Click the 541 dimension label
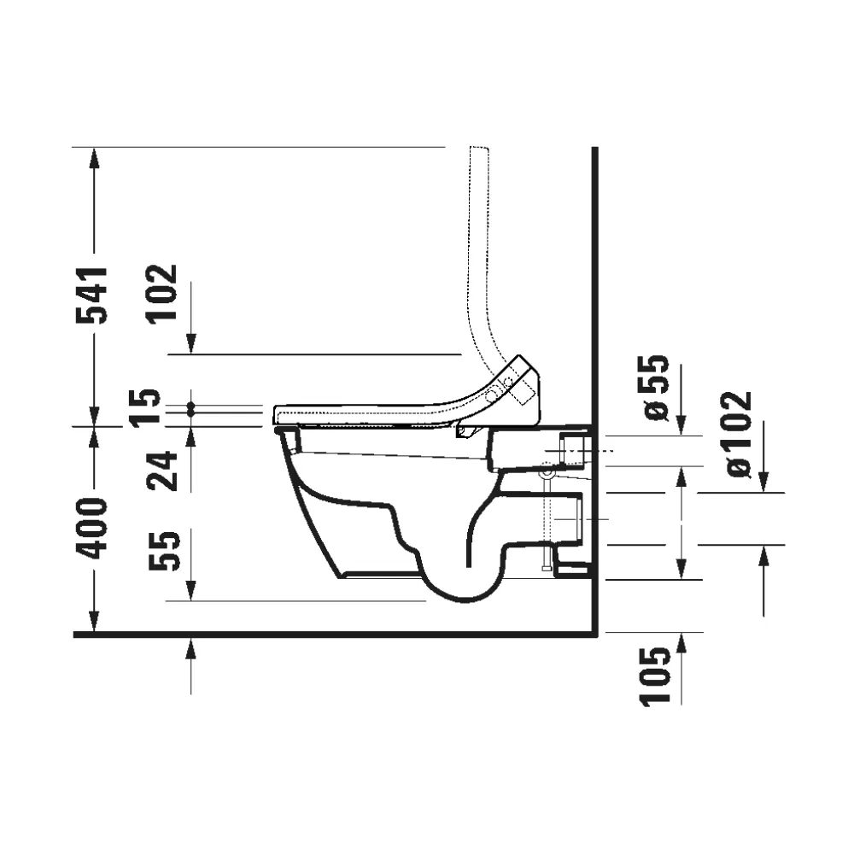(91, 295)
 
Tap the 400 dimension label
(91, 528)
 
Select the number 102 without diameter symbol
(161, 295)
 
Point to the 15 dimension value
(148, 407)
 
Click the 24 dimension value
(162, 471)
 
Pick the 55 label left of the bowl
(164, 551)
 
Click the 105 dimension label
(655, 676)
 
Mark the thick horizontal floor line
(336, 634)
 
